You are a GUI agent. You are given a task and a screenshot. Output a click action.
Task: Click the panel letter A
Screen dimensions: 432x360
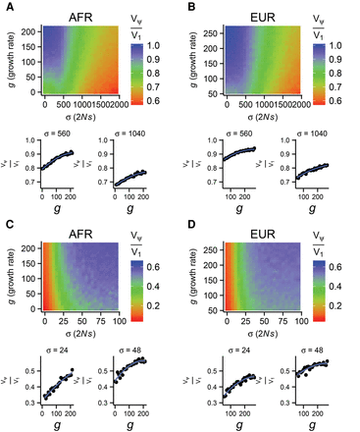(7, 8)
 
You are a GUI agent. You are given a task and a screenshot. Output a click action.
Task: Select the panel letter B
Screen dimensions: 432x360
(187, 8)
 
